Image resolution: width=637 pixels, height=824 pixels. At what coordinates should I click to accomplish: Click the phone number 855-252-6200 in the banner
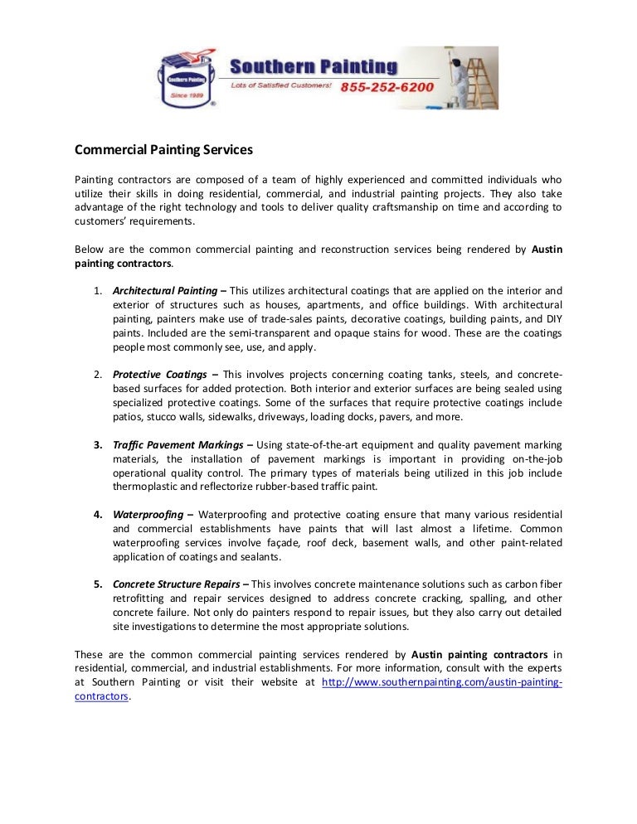click(387, 86)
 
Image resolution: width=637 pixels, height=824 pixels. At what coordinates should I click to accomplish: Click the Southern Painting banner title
click(313, 65)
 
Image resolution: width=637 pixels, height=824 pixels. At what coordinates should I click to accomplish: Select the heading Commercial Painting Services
click(163, 150)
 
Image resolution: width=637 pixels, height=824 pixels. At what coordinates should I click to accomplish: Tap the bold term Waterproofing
click(148, 514)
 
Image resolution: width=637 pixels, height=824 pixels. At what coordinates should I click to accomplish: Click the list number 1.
click(97, 291)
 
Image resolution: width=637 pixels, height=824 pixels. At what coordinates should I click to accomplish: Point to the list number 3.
click(97, 446)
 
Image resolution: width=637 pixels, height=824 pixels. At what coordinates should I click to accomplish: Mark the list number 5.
click(97, 583)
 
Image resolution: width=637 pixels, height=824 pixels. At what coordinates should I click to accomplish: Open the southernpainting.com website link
click(441, 682)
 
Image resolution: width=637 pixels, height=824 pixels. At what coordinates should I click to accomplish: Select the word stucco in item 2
click(158, 416)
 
